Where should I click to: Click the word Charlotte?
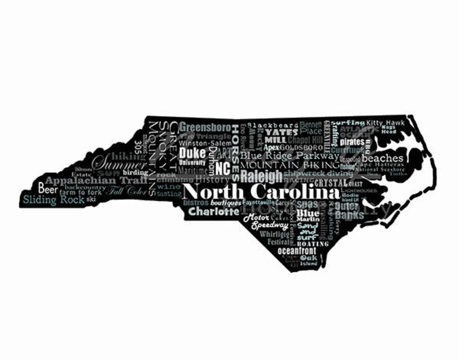pos(213,212)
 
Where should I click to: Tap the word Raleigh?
pos(261,176)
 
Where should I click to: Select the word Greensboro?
pos(205,128)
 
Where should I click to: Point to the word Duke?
pos(192,153)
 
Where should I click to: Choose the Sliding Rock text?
pos(53,200)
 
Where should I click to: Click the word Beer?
pos(48,188)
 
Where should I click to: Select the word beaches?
pos(383,158)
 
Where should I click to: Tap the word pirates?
pos(352,142)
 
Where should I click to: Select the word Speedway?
pos(269,226)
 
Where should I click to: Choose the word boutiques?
pos(225,203)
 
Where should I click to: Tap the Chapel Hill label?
pos(305,140)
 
